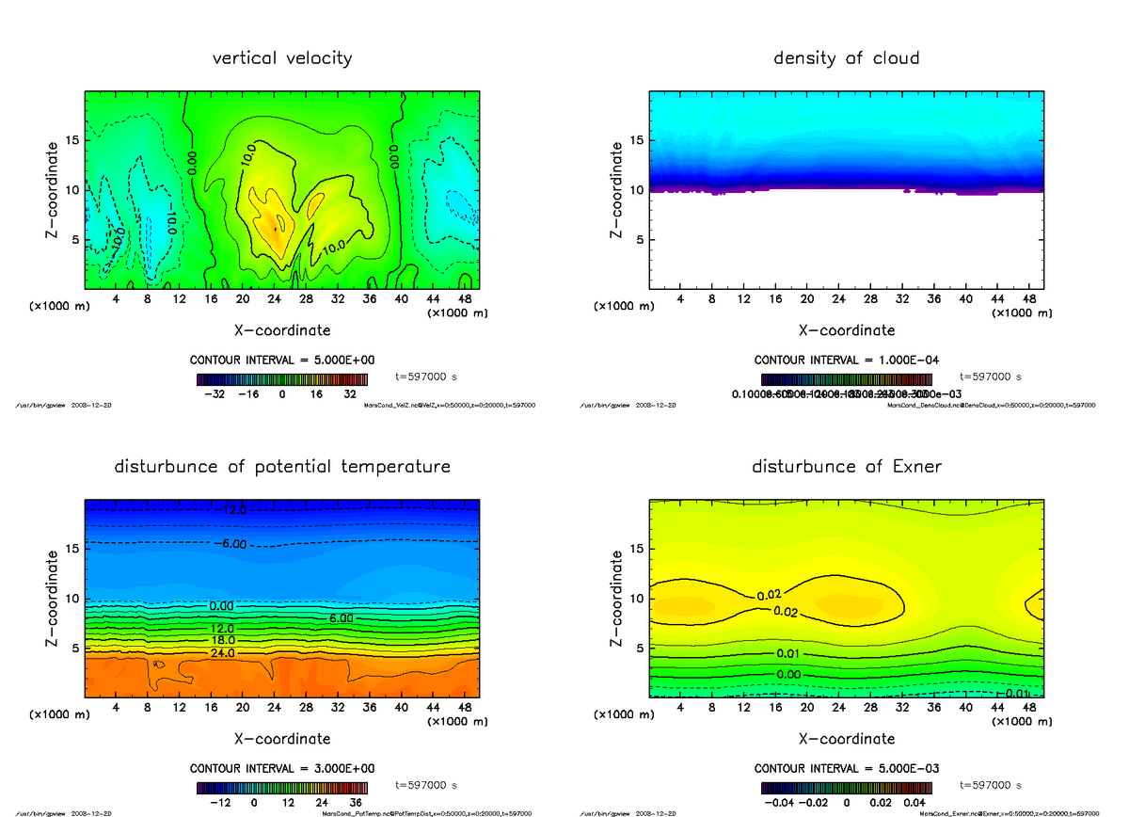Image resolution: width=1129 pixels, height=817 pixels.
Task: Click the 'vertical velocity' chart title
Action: point(282,58)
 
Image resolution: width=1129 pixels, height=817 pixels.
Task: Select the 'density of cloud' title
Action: point(846,58)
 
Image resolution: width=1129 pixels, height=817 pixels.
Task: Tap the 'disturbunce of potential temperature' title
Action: point(282,467)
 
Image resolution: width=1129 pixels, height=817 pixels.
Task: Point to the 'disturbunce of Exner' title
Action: point(846,467)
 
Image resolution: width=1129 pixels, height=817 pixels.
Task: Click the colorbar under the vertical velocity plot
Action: point(281,379)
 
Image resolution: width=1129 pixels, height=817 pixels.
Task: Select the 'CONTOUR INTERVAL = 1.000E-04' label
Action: point(846,360)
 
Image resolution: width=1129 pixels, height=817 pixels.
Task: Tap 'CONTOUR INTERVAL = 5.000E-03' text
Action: point(846,768)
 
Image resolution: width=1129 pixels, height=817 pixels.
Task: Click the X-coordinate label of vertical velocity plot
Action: point(282,330)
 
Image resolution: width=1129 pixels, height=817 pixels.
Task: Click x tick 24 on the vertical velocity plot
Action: point(274,299)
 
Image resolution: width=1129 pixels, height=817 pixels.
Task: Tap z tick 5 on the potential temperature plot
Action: point(72,648)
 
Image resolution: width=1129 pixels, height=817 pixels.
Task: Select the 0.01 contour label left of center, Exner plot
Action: point(788,654)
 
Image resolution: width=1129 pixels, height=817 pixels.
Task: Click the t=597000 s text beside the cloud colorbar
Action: point(991,376)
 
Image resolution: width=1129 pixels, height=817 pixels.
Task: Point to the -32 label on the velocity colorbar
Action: point(215,395)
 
